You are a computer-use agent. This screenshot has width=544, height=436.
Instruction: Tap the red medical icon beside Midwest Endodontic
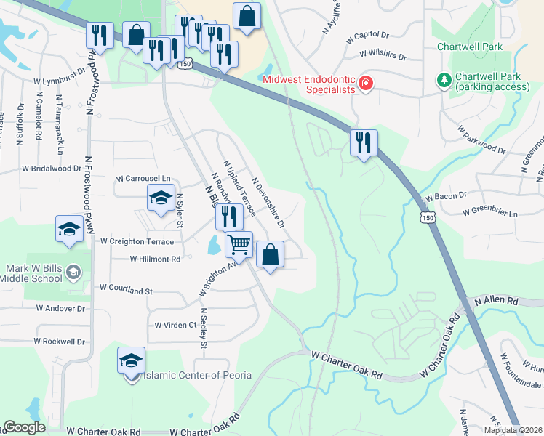click(365, 84)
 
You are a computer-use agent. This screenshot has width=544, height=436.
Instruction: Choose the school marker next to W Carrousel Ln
click(161, 197)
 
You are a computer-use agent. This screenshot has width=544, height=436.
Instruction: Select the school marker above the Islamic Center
click(132, 359)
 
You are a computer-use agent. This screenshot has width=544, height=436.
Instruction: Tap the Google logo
click(24, 427)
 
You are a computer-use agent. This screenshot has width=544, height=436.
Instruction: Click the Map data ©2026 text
click(513, 429)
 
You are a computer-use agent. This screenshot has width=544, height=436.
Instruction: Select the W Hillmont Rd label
click(155, 259)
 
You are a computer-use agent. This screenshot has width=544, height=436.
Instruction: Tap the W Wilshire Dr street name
click(382, 54)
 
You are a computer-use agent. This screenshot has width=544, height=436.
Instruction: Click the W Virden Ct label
click(175, 325)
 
